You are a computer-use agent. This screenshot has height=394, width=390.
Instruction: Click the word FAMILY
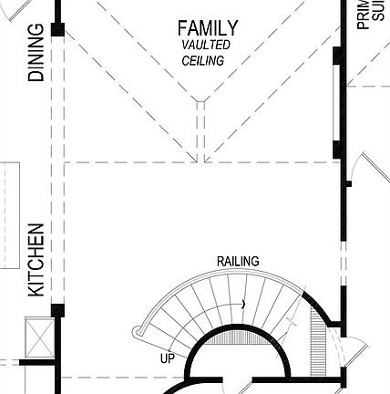pyautogui.click(x=208, y=28)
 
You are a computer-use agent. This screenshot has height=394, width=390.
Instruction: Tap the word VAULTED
pyautogui.click(x=206, y=45)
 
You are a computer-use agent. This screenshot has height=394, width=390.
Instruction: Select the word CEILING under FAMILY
pyautogui.click(x=203, y=60)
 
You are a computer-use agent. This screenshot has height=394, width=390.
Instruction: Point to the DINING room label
pyautogui.click(x=36, y=53)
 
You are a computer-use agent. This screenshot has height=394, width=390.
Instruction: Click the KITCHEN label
pyautogui.click(x=36, y=260)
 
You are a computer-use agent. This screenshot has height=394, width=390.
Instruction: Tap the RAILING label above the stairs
pyautogui.click(x=237, y=262)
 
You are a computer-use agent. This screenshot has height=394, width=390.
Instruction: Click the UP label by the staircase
pyautogui.click(x=167, y=358)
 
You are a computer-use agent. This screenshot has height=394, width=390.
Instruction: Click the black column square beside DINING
pyautogui.click(x=57, y=31)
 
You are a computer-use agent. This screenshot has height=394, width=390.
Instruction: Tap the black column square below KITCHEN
pyautogui.click(x=57, y=310)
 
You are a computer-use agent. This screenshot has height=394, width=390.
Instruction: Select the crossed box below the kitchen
pyautogui.click(x=39, y=337)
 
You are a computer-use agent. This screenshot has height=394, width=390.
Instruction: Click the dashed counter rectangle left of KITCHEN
pyautogui.click(x=11, y=216)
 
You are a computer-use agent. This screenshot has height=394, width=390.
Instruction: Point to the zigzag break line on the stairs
pyautogui.click(x=290, y=321)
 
